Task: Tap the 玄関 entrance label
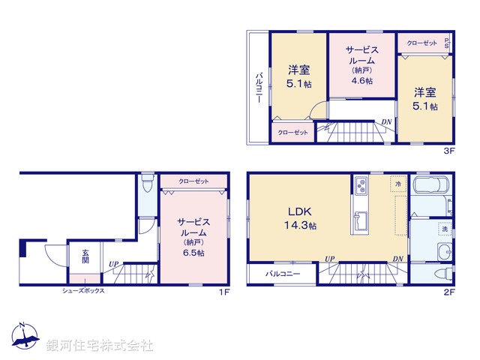[85, 258]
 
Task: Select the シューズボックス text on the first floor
[83, 290]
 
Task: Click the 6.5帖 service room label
[192, 238]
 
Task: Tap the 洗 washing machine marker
[444, 228]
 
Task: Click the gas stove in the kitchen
[359, 184]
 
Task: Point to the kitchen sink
[359, 220]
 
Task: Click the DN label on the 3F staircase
[386, 121]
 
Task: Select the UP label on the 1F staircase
[113, 263]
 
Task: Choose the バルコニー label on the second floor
[281, 274]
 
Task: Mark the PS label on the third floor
[448, 43]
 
